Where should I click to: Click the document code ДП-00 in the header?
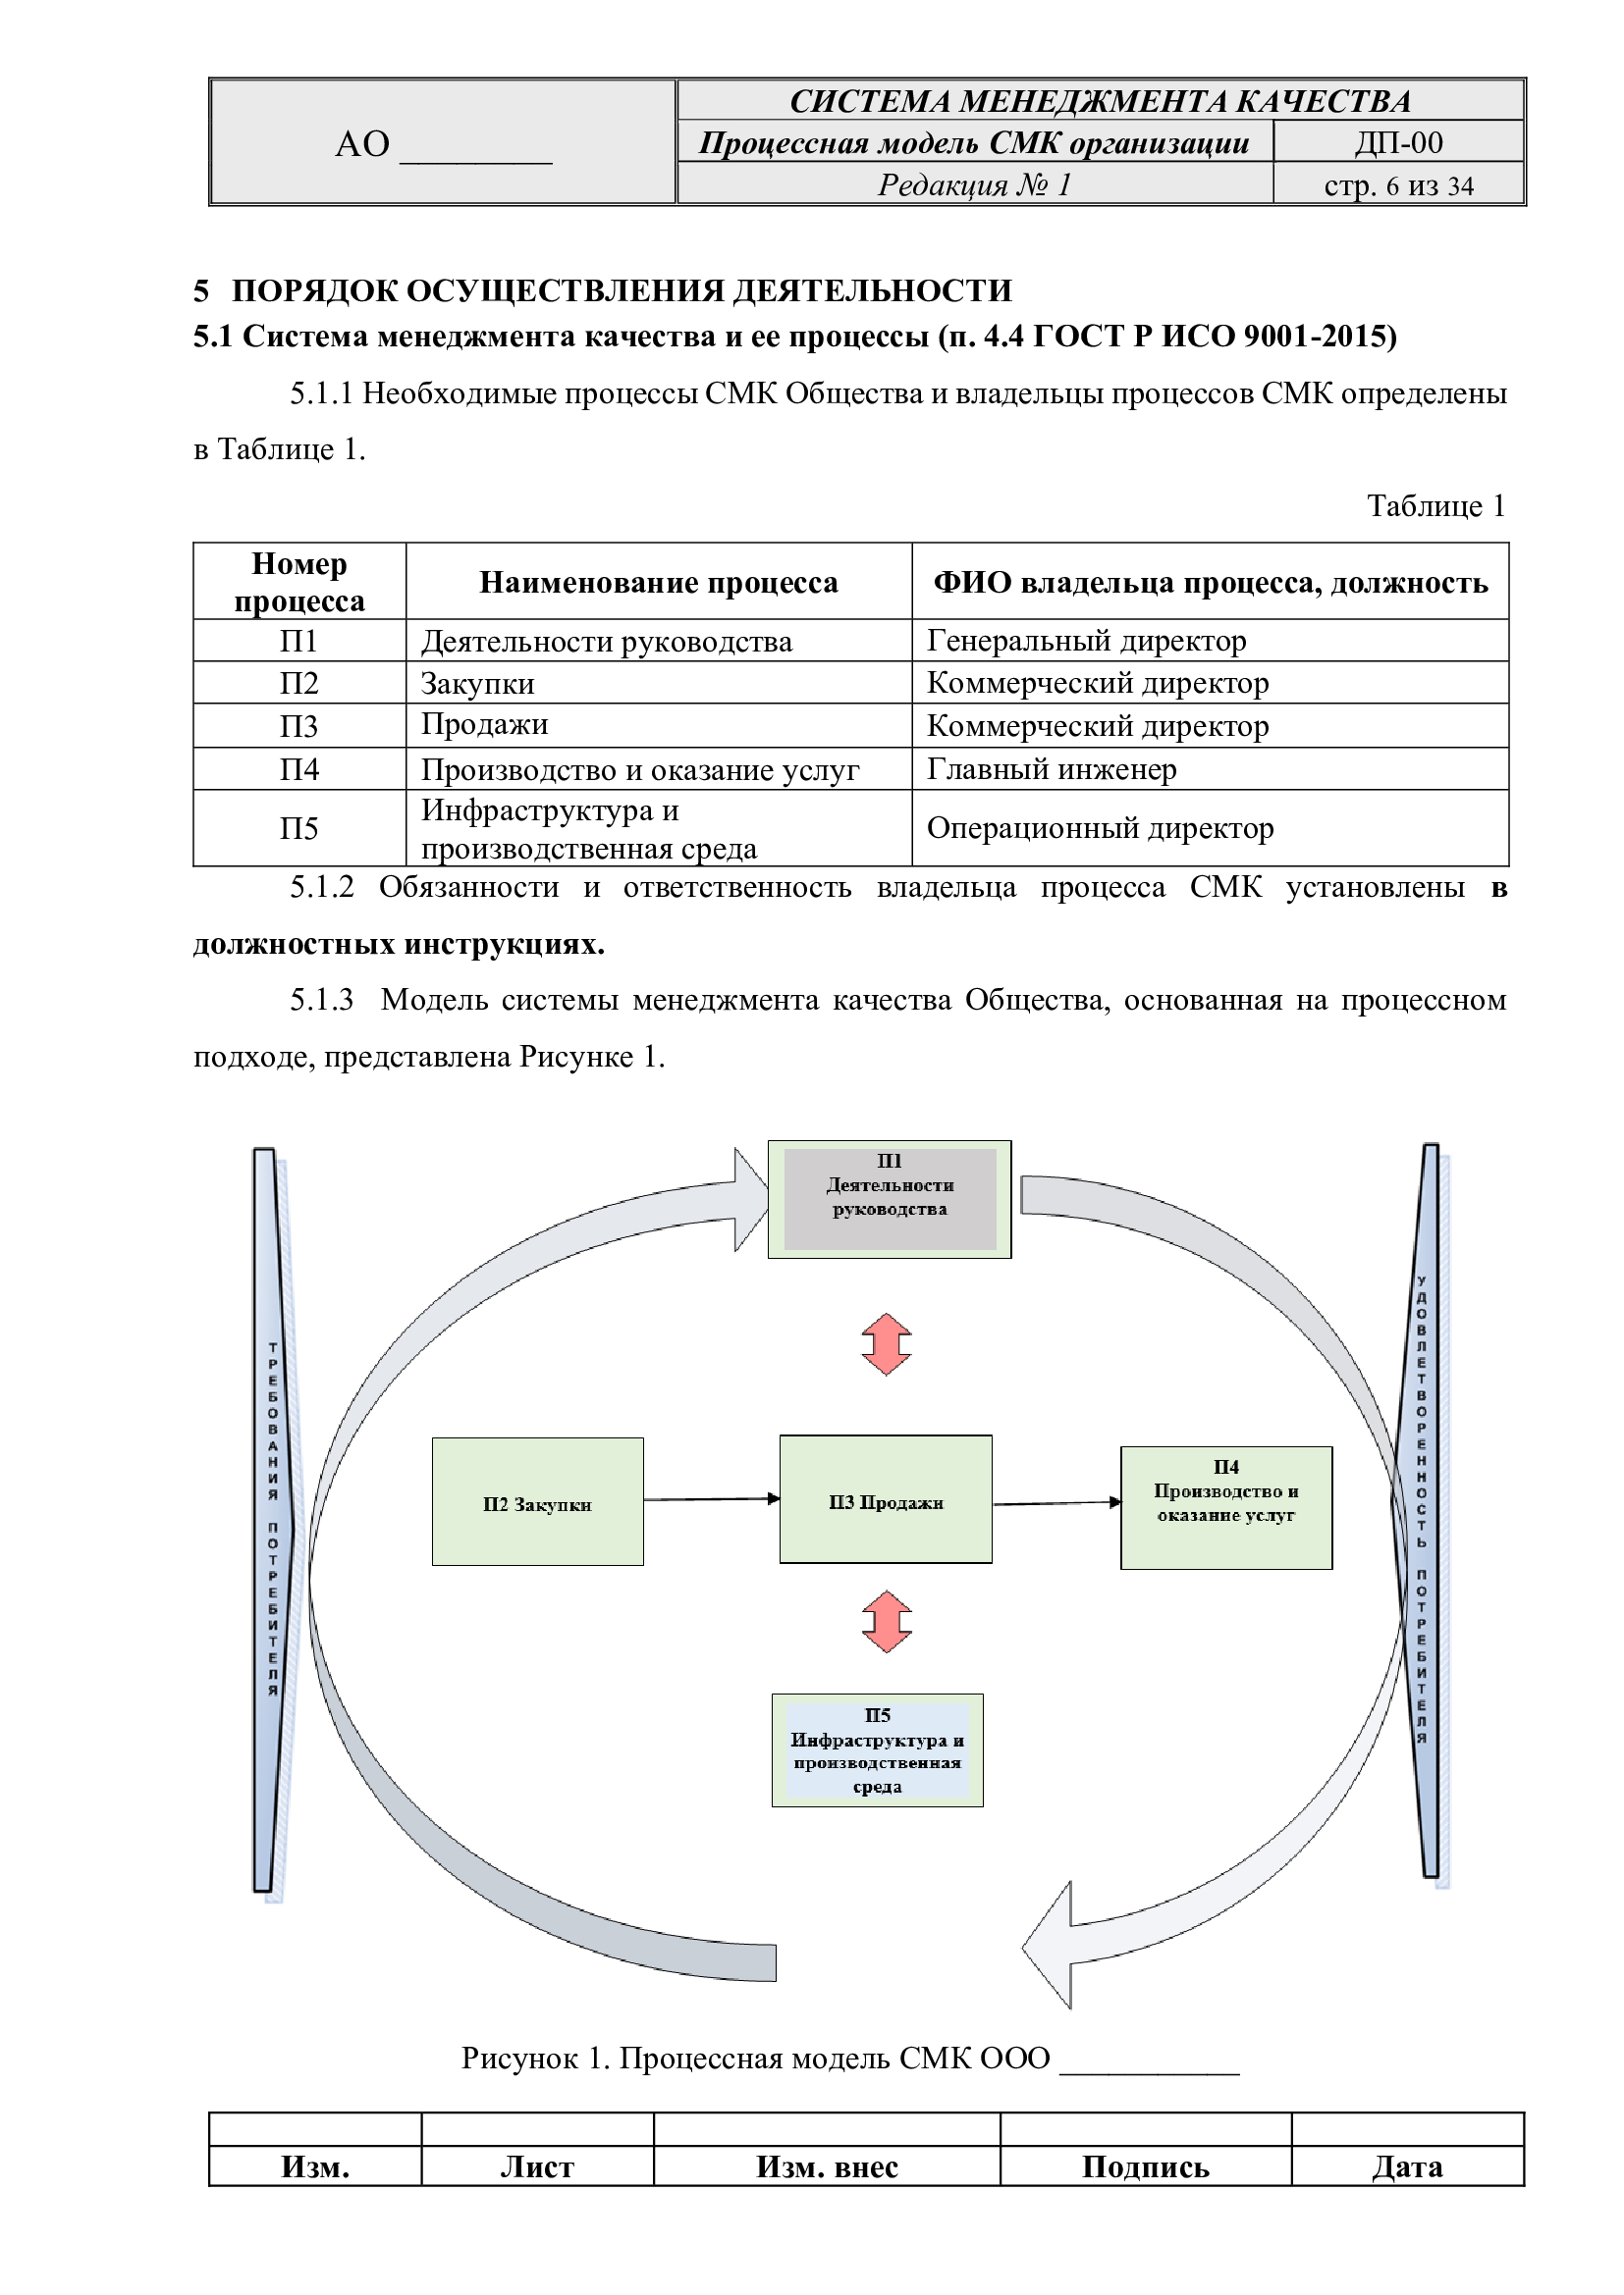(x=1398, y=143)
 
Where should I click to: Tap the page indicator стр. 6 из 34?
(x=1398, y=185)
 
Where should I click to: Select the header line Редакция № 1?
(x=974, y=184)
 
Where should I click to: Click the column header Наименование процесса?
(x=658, y=583)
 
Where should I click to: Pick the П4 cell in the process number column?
(x=299, y=769)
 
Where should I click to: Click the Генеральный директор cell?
(x=1086, y=641)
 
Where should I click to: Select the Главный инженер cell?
(x=1051, y=768)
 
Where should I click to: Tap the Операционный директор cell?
(x=1100, y=828)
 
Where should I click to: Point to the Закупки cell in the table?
(x=478, y=684)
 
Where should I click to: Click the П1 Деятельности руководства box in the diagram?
(x=889, y=1198)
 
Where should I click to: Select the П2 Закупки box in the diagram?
(x=537, y=1501)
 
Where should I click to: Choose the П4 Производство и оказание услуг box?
(x=1226, y=1507)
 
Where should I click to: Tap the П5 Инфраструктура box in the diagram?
(x=877, y=1749)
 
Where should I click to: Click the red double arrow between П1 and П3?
(x=886, y=1344)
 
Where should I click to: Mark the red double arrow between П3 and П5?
(x=886, y=1621)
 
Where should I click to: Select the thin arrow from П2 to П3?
(x=710, y=1499)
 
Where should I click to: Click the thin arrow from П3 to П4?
(x=1056, y=1502)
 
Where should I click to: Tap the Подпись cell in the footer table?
(x=1145, y=2167)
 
